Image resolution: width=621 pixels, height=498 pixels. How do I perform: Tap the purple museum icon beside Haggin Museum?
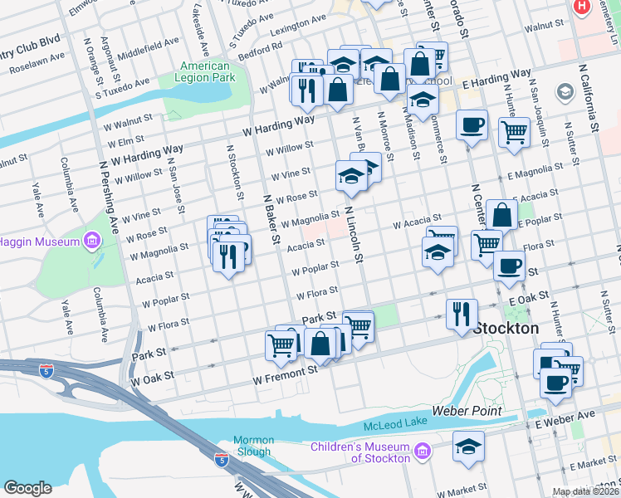click(91, 242)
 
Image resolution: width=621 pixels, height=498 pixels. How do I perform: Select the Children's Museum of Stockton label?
click(360, 452)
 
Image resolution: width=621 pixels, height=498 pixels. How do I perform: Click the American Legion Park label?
click(204, 71)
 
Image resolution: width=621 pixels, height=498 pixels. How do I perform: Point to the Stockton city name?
click(506, 328)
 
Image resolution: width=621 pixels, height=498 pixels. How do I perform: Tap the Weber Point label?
click(467, 411)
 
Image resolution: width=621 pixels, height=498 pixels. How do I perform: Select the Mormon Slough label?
click(252, 446)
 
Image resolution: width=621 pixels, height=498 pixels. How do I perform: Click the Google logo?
click(27, 487)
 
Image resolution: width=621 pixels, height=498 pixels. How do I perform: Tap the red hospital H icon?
click(582, 7)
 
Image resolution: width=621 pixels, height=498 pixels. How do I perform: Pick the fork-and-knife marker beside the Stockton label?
click(462, 315)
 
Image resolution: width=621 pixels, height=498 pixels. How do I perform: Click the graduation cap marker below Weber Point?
click(468, 446)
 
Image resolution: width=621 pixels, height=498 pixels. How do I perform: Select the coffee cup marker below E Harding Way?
click(472, 125)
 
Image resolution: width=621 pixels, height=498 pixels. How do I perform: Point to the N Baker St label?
click(269, 220)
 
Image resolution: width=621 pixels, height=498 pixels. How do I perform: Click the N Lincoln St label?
click(354, 235)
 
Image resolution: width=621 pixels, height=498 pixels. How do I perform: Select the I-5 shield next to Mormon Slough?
click(221, 458)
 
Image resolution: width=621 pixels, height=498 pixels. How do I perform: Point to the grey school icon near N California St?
click(566, 91)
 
